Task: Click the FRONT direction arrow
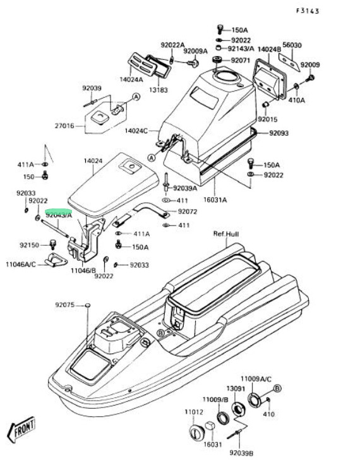coord(21,430)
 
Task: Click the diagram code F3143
coord(308,11)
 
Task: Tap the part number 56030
coord(292,45)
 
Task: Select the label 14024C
coord(136,131)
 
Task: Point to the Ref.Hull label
coord(226,234)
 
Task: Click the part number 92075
coord(65,305)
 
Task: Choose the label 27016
coord(64,126)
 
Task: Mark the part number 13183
coord(159,90)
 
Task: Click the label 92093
coord(279,133)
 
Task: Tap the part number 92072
coord(188,212)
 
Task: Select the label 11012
coord(194,412)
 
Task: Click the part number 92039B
coord(241,454)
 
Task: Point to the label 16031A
coord(215,200)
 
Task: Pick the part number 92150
coord(30,245)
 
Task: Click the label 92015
coord(268,119)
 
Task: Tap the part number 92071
coord(241,61)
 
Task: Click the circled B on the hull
coord(160,332)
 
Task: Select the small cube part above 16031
coord(210,426)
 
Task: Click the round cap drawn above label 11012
coord(197,433)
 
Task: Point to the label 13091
coord(236,389)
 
